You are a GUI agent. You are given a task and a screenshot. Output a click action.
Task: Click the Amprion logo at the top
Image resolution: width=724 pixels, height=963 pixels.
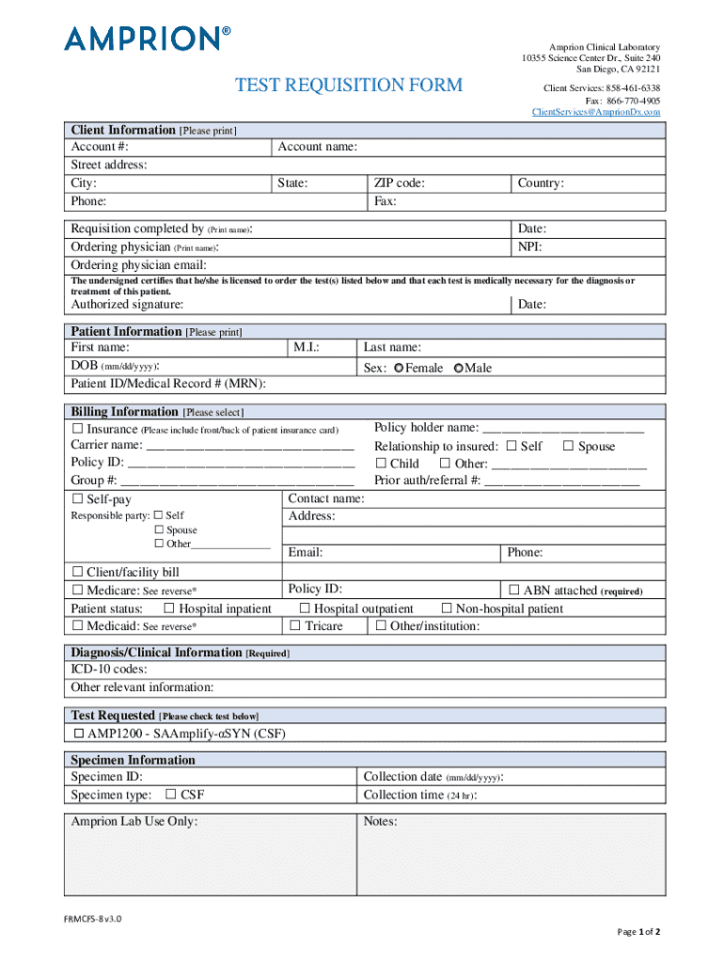(147, 39)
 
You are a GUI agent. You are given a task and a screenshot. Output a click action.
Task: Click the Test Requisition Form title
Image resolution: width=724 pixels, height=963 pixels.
(348, 86)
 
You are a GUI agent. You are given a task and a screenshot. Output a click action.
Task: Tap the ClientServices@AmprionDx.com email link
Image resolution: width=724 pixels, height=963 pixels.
(595, 112)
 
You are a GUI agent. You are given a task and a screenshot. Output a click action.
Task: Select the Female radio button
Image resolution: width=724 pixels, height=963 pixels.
(400, 369)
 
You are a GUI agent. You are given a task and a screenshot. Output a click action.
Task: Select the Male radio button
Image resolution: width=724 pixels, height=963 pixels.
(458, 369)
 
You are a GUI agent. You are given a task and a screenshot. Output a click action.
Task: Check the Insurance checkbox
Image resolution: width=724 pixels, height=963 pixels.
(78, 429)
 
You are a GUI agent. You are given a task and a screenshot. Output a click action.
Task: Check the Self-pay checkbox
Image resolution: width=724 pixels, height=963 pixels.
(78, 499)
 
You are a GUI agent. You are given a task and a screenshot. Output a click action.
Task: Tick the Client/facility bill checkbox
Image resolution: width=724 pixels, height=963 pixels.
(78, 572)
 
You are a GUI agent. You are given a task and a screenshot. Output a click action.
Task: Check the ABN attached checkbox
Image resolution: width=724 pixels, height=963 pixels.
(514, 591)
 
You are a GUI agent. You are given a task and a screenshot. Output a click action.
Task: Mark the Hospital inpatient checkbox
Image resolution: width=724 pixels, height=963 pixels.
(170, 608)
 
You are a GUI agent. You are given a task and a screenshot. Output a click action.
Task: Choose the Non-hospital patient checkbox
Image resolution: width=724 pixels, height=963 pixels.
(448, 608)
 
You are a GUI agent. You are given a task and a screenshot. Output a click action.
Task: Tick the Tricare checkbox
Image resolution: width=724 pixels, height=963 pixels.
(295, 626)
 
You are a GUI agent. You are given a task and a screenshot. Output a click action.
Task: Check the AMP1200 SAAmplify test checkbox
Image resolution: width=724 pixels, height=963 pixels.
(78, 734)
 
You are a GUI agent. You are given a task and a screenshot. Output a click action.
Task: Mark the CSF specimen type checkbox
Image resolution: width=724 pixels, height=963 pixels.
(171, 795)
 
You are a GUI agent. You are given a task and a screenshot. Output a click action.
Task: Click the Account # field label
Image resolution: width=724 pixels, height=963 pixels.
(100, 148)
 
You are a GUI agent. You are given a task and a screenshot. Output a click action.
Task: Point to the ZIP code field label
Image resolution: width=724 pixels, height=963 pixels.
(399, 183)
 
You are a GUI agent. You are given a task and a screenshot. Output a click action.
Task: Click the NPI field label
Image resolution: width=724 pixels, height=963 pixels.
(530, 246)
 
